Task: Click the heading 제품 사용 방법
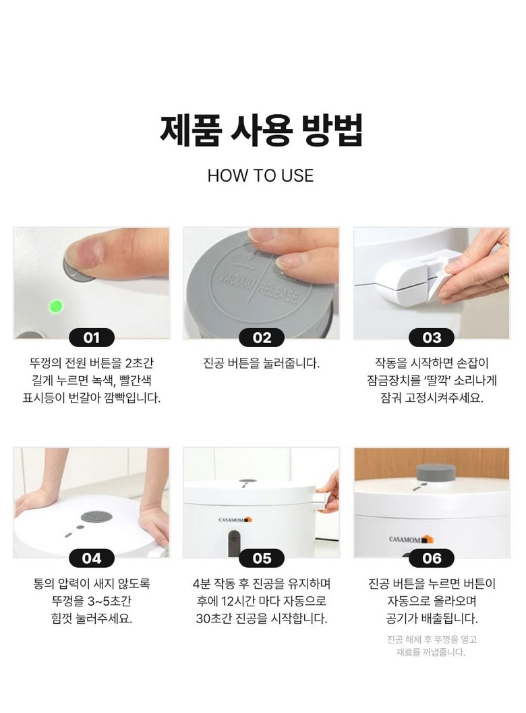[x=261, y=130]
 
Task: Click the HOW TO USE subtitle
[x=260, y=176]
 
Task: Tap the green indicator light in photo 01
[x=55, y=306]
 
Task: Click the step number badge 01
[x=91, y=338]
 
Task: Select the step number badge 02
[x=262, y=338]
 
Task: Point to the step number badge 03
[x=432, y=338]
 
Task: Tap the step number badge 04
[x=91, y=558]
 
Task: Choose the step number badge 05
[x=262, y=558]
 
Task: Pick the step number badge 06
[x=432, y=558]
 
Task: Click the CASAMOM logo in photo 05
[x=235, y=519]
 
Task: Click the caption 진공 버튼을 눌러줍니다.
[x=261, y=363]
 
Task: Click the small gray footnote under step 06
[x=432, y=645]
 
